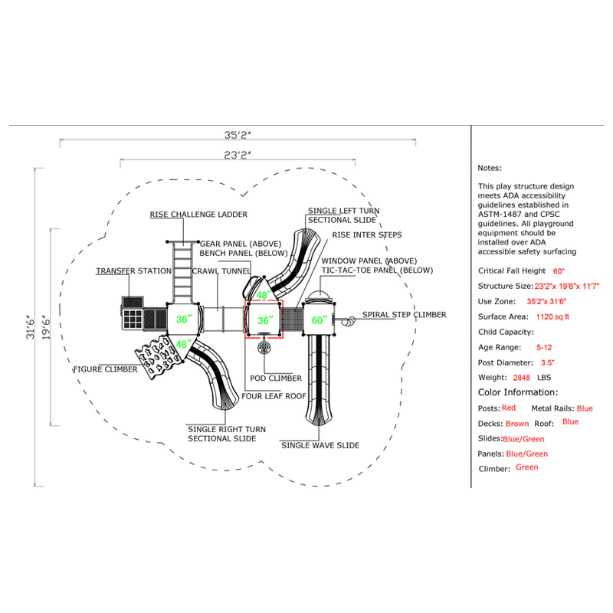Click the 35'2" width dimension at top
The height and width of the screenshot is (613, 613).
238,135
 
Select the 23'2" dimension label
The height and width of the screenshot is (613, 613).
238,156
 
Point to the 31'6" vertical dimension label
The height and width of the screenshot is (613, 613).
31,327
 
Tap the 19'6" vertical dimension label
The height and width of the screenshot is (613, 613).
46,327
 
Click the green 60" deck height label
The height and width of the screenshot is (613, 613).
320,320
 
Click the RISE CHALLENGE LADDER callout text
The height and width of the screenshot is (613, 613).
198,215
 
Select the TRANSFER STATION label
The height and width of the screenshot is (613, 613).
133,271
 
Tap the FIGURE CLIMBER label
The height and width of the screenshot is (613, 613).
106,369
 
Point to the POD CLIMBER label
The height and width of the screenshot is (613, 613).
276,378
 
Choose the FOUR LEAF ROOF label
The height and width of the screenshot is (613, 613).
274,396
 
